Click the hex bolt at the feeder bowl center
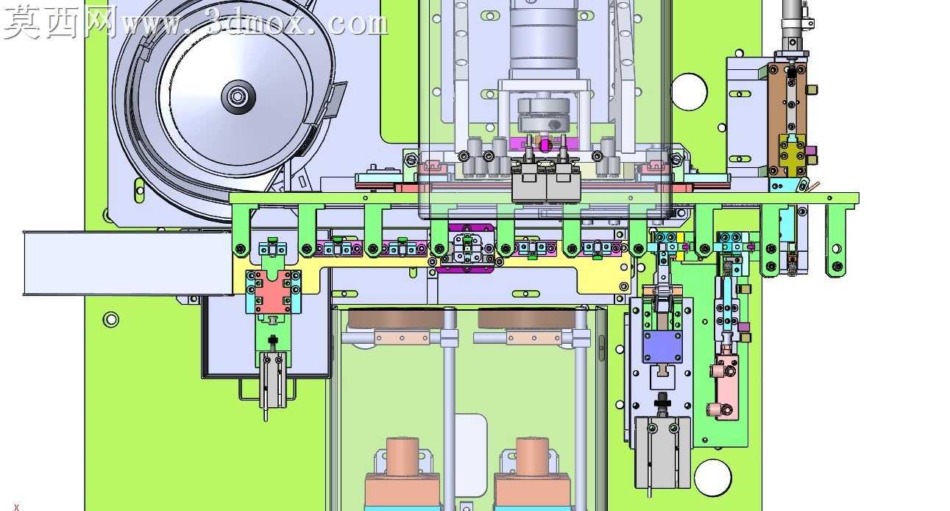pyautogui.click(x=238, y=97)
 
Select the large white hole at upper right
pyautogui.click(x=690, y=92)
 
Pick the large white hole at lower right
pyautogui.click(x=713, y=478)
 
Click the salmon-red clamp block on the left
pyautogui.click(x=274, y=292)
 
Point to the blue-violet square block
pyautogui.click(x=662, y=347)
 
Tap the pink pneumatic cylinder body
pyautogui.click(x=726, y=387)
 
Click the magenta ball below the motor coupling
pyautogui.click(x=545, y=146)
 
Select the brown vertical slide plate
pyautogui.click(x=787, y=119)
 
